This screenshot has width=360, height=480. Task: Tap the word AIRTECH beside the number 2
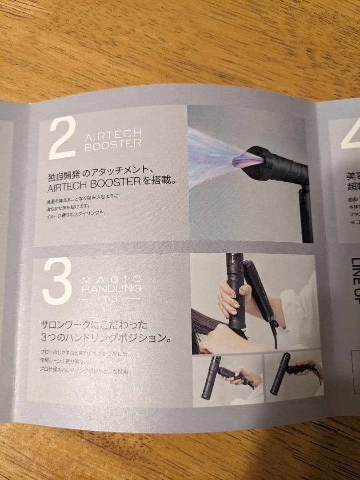click(x=113, y=133)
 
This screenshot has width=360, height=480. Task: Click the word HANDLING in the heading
click(x=112, y=288)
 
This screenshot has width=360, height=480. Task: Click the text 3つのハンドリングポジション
click(x=105, y=338)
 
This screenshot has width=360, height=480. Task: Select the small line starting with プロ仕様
click(x=84, y=371)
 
